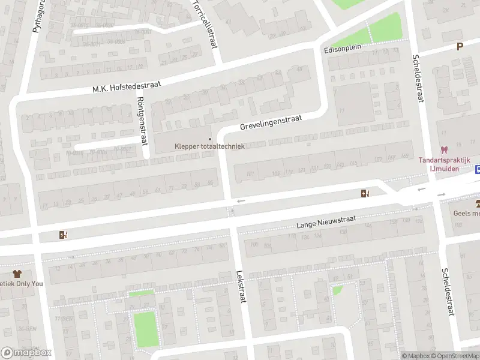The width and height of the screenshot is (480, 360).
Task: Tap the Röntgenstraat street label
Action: pos(142,121)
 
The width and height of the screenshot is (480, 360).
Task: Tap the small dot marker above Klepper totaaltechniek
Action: pos(209,138)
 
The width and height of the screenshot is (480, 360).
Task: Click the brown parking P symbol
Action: pos(460,46)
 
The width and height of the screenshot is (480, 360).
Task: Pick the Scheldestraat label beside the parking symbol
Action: pos(418,78)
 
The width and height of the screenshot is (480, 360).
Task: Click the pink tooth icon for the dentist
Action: pos(444,150)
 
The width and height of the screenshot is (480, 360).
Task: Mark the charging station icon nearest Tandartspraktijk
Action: pos(364,193)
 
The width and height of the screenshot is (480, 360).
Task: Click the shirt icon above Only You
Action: pos(17,274)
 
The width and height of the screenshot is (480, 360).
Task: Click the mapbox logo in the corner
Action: pos(26,353)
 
